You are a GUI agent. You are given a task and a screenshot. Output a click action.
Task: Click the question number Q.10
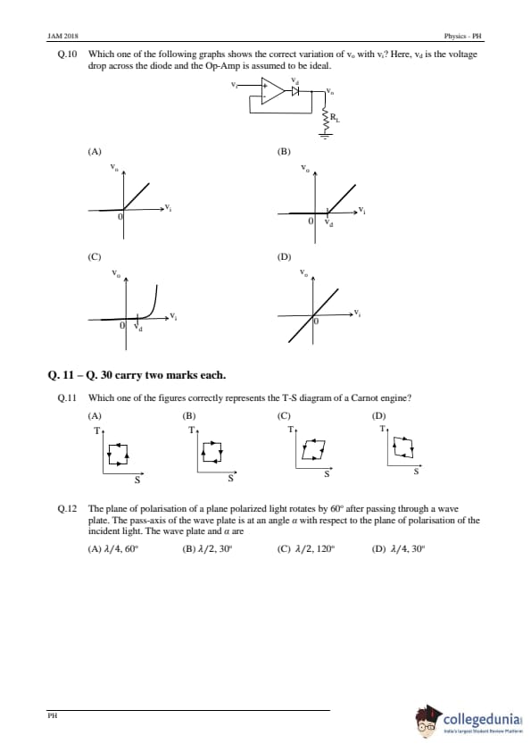[67, 54]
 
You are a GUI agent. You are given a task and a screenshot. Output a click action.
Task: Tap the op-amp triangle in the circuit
[272, 90]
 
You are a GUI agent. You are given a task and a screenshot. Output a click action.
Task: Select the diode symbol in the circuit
[295, 90]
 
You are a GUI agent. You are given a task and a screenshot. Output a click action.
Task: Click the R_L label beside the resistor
[335, 116]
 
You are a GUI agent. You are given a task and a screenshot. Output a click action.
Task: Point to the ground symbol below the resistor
[327, 135]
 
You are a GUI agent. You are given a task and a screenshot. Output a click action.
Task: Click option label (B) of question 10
[284, 152]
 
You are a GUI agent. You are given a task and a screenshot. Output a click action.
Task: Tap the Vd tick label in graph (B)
[328, 222]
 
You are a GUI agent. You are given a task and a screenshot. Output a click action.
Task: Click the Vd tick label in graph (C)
[138, 328]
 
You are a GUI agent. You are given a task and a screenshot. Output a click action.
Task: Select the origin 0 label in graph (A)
[120, 216]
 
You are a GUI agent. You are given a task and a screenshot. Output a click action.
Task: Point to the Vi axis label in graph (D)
[357, 313]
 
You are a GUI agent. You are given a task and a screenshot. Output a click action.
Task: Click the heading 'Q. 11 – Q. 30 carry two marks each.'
[137, 375]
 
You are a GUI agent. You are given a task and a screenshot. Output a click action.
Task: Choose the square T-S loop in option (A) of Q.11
[119, 454]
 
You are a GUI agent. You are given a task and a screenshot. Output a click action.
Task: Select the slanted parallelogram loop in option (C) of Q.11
[314, 448]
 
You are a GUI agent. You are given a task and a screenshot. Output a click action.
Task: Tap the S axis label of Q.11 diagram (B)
[230, 478]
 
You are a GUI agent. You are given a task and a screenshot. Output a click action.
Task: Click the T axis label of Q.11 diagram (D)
[383, 429]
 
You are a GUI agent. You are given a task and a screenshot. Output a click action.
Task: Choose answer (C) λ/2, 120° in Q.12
[306, 549]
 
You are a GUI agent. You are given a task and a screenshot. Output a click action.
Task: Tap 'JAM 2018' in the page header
[63, 36]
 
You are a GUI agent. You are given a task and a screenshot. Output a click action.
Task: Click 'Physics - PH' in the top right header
[462, 36]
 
